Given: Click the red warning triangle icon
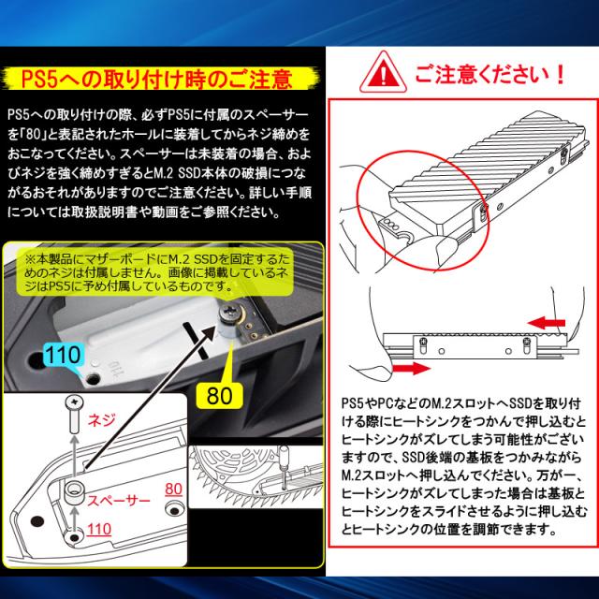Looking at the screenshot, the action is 383,73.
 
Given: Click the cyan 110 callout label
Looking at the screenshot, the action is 64,355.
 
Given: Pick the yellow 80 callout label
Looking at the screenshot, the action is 219,395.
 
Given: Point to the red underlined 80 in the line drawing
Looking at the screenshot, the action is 173,489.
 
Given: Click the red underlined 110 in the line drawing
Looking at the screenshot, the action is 99,530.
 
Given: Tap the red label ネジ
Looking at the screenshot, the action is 102,420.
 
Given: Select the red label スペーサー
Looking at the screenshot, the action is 119,500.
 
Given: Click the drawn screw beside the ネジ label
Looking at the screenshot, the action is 75,414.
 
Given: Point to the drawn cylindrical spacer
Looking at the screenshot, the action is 75,493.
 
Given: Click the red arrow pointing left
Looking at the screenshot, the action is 546,323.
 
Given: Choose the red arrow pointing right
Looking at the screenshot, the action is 412,368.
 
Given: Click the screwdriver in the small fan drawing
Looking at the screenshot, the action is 285,467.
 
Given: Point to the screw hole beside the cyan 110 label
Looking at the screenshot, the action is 93,379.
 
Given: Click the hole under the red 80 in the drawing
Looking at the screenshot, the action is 174,509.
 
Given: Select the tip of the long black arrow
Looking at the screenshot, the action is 216,326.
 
